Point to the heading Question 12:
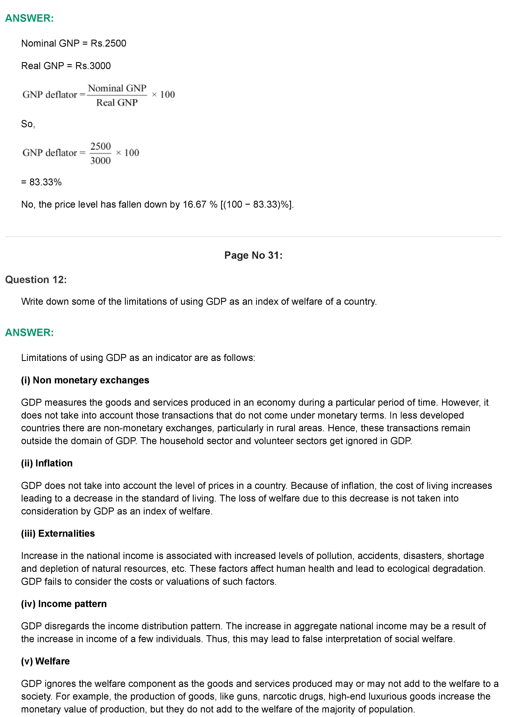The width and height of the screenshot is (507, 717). click(x=36, y=279)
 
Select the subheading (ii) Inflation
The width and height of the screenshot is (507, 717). click(x=47, y=463)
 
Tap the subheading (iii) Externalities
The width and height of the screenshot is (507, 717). click(x=58, y=533)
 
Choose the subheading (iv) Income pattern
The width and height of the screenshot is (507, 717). click(x=64, y=604)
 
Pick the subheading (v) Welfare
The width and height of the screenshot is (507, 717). click(x=45, y=661)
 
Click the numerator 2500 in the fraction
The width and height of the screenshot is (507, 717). click(x=100, y=146)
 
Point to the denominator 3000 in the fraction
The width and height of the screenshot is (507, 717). click(x=100, y=160)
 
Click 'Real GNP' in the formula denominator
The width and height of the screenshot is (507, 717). click(x=117, y=102)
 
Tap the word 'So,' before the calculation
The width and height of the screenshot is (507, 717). click(x=28, y=124)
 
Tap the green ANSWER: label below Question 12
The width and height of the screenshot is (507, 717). click(x=29, y=332)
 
